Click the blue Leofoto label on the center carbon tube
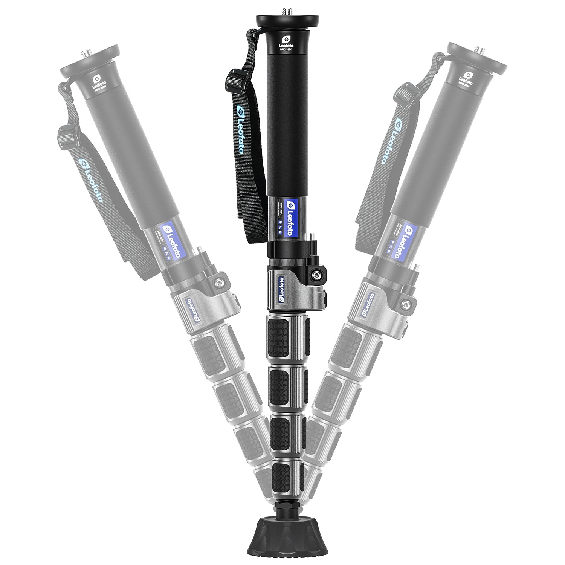[289, 218]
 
